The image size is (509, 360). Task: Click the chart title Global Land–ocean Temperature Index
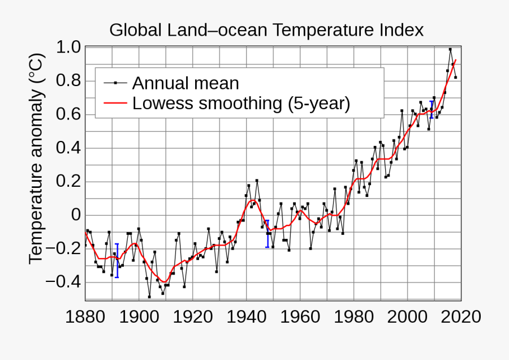point(266,30)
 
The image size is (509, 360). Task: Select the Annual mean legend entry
point(186,83)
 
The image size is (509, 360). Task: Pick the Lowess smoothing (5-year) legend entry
point(241,104)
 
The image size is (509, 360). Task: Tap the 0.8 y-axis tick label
point(68,81)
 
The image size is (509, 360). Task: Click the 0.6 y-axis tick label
point(68,114)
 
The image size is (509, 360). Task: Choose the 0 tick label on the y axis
point(75,215)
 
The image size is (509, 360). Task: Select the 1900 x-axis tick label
point(139,316)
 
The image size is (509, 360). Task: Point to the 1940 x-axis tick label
point(247,316)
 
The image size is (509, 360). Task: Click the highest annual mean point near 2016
point(450,49)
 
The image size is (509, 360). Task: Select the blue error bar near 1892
point(117,260)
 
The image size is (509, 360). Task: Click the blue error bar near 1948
point(267,233)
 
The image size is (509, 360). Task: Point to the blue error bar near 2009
point(432,109)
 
